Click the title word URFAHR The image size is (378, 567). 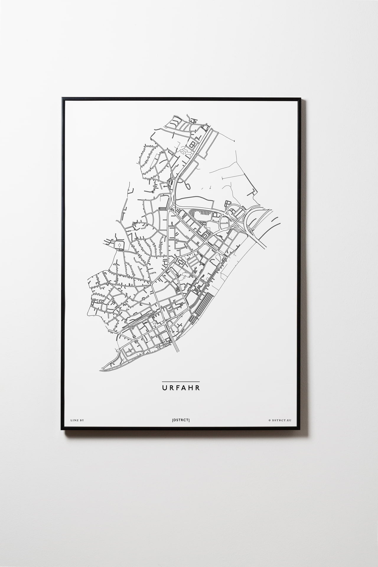pyautogui.click(x=181, y=388)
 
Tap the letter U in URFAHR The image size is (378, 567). pyautogui.click(x=164, y=388)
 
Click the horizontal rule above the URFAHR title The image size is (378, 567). pyautogui.click(x=181, y=382)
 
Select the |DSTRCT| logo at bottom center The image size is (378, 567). pyautogui.click(x=181, y=420)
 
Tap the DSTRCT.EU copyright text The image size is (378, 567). pyautogui.click(x=281, y=420)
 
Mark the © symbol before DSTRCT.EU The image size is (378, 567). pyautogui.click(x=270, y=420)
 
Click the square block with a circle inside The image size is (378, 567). pyautogui.click(x=120, y=245)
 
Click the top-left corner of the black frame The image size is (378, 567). pyautogui.click(x=62, y=97)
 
